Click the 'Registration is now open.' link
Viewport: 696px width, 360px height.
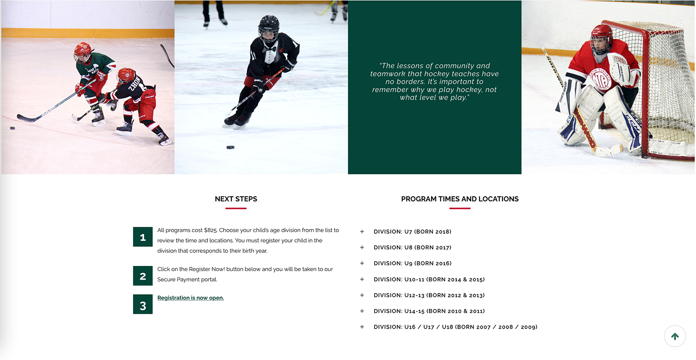191,298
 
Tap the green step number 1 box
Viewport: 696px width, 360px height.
143,237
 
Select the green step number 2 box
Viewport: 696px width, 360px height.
143,276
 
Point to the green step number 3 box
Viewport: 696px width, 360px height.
143,305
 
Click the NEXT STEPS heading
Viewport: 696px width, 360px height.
236,199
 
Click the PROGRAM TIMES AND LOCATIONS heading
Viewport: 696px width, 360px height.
460,199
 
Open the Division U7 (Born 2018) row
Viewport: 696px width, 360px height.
412,232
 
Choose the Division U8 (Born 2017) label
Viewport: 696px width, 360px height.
412,248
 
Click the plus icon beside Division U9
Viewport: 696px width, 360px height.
362,263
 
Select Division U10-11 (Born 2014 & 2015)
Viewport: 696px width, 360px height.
429,279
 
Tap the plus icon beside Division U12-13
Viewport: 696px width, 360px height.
362,295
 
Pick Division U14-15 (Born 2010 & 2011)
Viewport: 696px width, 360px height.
429,311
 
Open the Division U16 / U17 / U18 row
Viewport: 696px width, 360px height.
455,327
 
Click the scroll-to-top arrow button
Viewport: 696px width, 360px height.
675,336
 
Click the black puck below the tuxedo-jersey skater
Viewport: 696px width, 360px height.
231,148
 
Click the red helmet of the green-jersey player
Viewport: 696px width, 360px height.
82,49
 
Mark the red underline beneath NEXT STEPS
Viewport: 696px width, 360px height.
236,209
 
